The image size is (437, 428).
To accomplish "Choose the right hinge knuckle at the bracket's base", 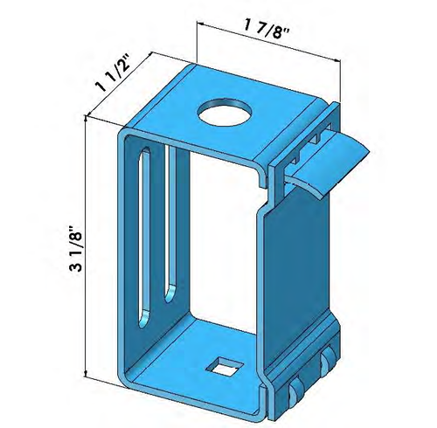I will coord(327,362).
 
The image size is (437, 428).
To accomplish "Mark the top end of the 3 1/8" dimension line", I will coord(86,123).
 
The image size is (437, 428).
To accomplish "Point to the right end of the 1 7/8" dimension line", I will coord(338,59).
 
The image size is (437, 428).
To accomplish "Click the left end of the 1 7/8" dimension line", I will coord(198,26).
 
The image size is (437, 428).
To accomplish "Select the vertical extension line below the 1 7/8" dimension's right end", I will coord(338,83).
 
